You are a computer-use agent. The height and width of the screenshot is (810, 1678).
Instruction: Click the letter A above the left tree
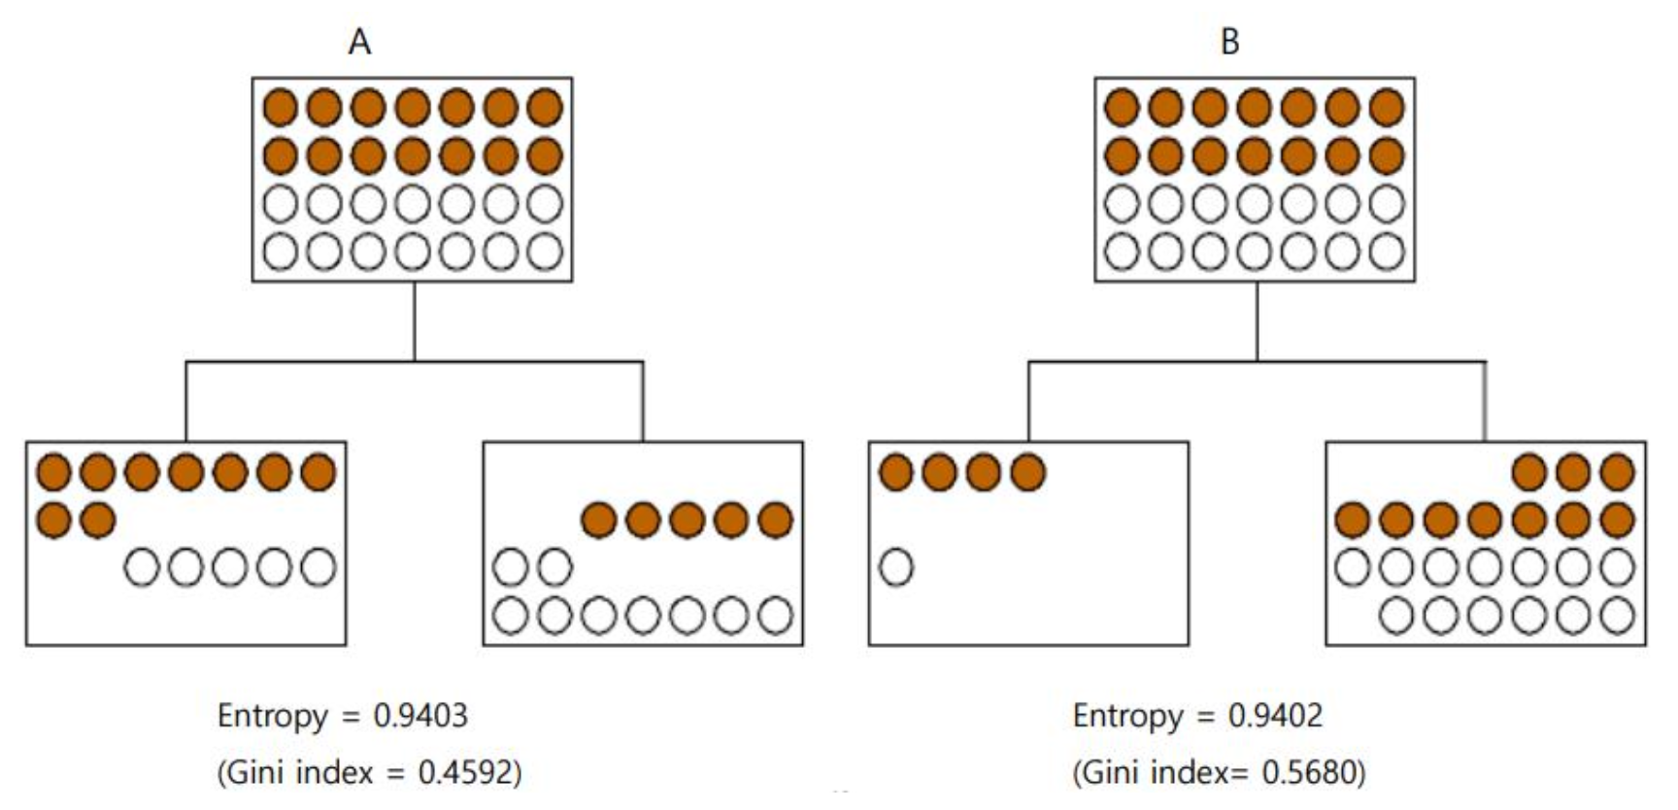coord(359,42)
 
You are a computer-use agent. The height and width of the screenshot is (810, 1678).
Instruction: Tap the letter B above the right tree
coord(1229,42)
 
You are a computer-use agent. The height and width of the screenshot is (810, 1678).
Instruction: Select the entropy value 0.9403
coord(420,716)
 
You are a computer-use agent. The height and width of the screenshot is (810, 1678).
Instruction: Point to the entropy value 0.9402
coord(1275,716)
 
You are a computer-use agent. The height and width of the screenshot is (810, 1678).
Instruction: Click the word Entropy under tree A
coord(272,717)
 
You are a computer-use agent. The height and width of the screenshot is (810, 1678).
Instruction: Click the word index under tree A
coord(334,772)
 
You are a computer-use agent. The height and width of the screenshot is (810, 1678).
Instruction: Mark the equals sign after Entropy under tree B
coord(1205,717)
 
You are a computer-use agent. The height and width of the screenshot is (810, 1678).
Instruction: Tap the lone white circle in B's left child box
coord(896,567)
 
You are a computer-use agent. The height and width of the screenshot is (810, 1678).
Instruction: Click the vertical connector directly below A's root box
coord(415,321)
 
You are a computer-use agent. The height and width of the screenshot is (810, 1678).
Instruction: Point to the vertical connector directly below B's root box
coord(1257,321)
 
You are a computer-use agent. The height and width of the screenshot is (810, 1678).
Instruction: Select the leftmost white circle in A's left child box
coord(142,567)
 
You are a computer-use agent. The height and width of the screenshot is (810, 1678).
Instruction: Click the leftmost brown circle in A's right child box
coord(599,521)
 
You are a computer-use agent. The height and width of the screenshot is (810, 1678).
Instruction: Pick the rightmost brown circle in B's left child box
coord(1028,473)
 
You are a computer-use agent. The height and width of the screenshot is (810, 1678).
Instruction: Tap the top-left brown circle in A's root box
coord(281,107)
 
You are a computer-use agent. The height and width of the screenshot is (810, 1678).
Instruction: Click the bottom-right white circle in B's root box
coord(1386,251)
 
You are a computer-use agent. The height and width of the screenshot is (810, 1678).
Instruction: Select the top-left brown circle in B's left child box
coord(896,473)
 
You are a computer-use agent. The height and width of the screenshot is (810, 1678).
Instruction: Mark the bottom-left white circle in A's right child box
coord(511,615)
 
